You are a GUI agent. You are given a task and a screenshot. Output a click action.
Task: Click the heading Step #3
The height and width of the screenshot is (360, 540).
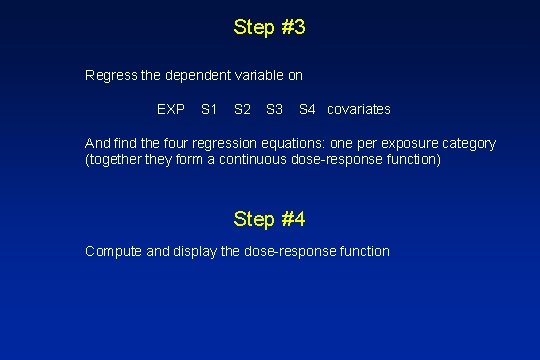269,27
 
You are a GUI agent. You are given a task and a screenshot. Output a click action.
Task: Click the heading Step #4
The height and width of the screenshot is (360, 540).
269,218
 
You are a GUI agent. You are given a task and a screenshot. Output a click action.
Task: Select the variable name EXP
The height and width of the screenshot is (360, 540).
171,108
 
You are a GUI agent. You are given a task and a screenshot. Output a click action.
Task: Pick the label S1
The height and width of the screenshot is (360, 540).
209,108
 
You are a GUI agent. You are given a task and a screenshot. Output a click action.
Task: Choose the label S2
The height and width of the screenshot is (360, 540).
242,108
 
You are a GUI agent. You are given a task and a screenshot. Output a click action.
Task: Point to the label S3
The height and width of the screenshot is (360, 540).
275,108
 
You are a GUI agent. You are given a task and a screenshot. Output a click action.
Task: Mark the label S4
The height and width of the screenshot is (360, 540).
308,108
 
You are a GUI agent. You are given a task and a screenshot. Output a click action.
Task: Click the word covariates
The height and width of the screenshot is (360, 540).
359,108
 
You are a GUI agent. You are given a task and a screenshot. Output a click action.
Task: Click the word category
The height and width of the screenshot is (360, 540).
467,143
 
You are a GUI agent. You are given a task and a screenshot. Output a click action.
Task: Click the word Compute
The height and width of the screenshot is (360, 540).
114,251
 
